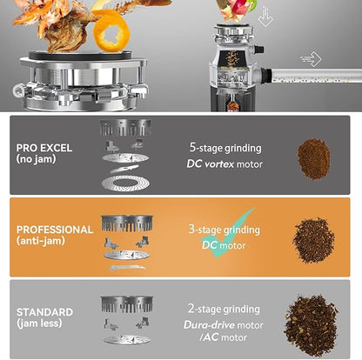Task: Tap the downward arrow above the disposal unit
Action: click(x=265, y=17)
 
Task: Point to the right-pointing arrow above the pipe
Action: click(x=311, y=59)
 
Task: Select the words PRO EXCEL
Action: click(x=44, y=148)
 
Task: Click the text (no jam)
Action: click(x=36, y=159)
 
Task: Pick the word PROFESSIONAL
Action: click(x=55, y=230)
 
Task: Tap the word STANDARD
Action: click(x=44, y=312)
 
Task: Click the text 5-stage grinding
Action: click(x=225, y=148)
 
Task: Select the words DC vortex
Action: click(x=211, y=164)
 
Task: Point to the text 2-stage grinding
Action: click(x=224, y=309)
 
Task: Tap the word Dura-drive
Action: click(x=209, y=324)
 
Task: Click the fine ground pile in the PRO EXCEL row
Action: click(x=314, y=159)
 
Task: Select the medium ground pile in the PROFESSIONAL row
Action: click(x=313, y=241)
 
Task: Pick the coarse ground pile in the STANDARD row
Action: click(x=311, y=325)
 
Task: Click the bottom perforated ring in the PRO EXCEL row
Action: click(x=125, y=183)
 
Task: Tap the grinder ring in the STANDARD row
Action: click(x=127, y=304)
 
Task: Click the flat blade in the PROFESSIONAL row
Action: click(x=127, y=268)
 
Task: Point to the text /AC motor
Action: click(x=224, y=337)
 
